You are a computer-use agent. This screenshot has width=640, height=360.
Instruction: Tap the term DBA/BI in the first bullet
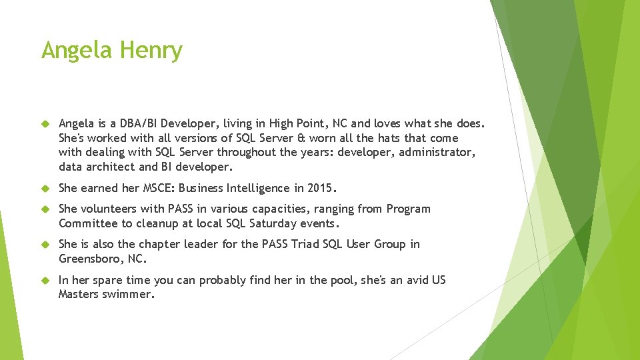coord(138,123)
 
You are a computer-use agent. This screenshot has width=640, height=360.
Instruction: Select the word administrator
coord(435,152)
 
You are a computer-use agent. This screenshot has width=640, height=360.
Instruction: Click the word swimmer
coord(129,295)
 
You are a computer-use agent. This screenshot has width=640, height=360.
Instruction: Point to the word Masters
coord(78,295)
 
